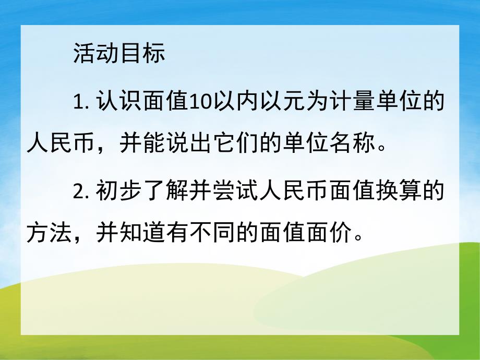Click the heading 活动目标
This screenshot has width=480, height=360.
(119, 54)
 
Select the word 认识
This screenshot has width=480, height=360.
(119, 103)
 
